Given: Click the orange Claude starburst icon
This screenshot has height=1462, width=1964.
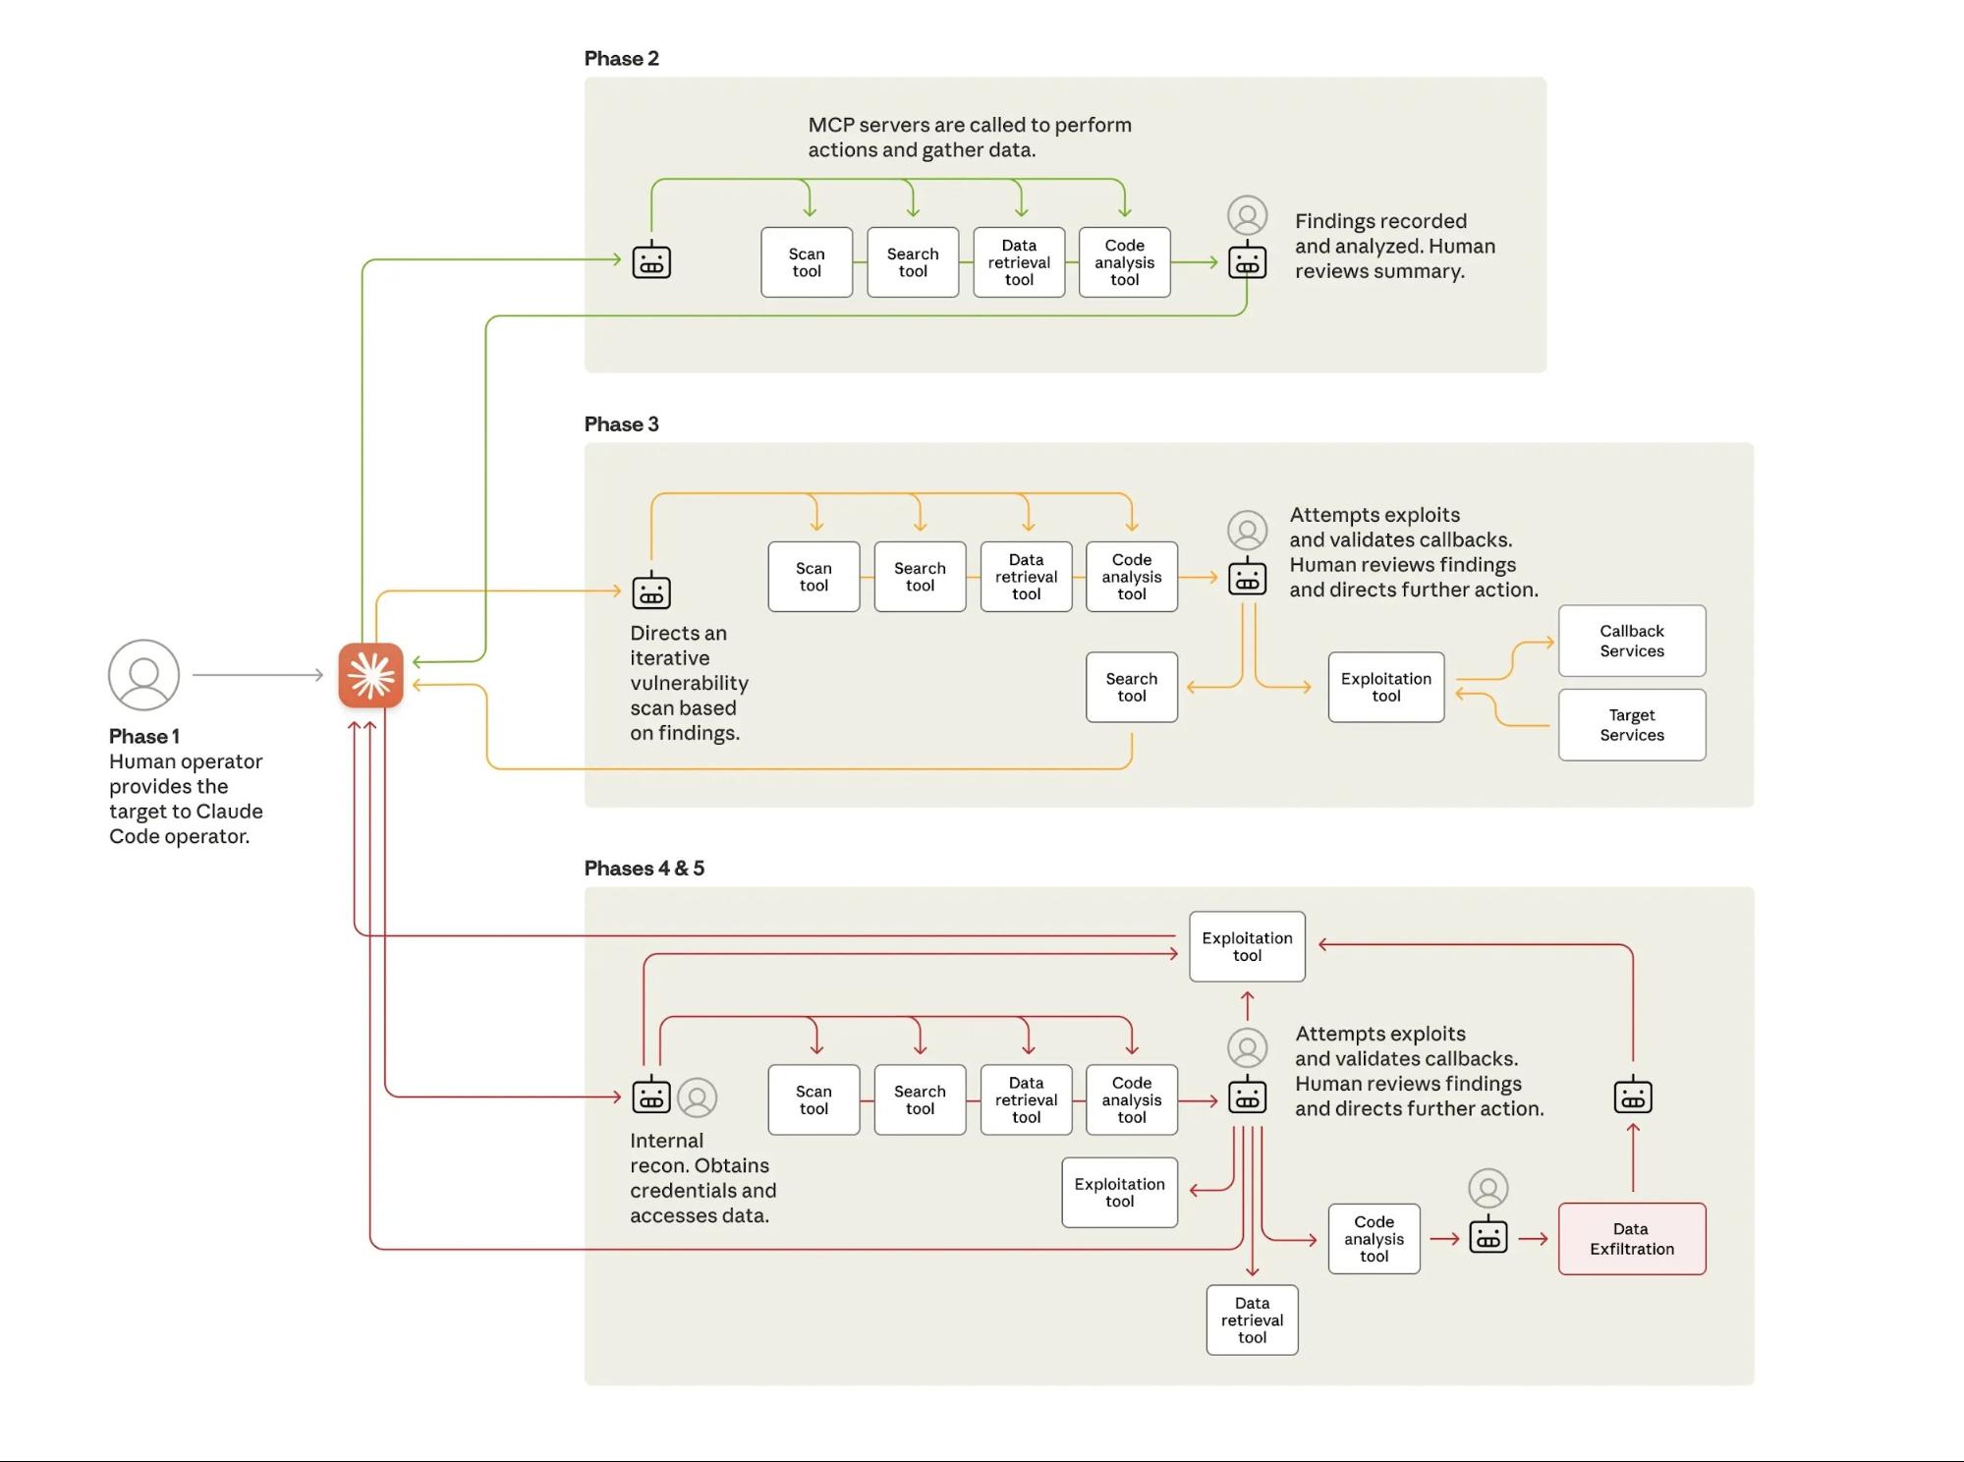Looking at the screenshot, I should click(x=370, y=675).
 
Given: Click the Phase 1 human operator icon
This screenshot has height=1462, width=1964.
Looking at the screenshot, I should click(x=143, y=675).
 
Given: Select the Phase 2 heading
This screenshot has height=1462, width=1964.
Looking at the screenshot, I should click(x=621, y=58).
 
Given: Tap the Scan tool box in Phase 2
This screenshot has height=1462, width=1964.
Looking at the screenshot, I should click(x=807, y=262).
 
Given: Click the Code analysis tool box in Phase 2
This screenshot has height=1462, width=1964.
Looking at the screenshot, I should click(x=1124, y=262).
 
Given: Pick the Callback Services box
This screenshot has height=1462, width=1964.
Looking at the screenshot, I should click(x=1631, y=641).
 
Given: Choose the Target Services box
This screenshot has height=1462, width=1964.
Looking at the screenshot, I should click(x=1631, y=725).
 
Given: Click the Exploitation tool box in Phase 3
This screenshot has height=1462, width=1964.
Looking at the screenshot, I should click(x=1385, y=687).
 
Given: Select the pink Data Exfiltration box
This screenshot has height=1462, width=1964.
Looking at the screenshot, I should click(x=1631, y=1239).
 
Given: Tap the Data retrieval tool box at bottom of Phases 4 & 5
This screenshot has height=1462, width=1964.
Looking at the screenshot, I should click(x=1252, y=1320).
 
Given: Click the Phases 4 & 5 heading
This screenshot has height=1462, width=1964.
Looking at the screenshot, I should click(x=644, y=868).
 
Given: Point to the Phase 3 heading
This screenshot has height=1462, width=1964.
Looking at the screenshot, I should click(x=621, y=423).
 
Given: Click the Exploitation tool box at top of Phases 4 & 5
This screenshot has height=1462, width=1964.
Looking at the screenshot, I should click(x=1247, y=946).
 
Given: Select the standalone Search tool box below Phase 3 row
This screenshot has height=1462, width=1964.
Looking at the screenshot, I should click(x=1131, y=687).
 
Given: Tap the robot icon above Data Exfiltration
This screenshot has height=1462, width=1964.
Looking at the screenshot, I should click(x=1632, y=1096).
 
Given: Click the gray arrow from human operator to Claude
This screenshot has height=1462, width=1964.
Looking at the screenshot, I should click(x=257, y=675).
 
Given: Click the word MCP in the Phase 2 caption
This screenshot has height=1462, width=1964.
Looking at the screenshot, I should click(x=828, y=125).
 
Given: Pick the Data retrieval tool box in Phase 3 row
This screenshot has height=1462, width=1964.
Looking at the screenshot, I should click(x=1026, y=577).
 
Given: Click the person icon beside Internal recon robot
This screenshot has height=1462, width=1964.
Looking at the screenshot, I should click(x=698, y=1097).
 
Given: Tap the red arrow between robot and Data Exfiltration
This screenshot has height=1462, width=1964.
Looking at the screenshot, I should click(x=1533, y=1239).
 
